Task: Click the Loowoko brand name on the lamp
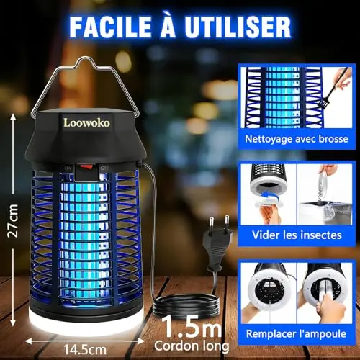click(x=86, y=122)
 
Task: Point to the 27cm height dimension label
click(x=13, y=221)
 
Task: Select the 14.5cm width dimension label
click(x=85, y=350)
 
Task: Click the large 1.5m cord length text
click(x=192, y=327)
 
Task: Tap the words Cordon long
click(x=192, y=346)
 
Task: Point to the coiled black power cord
click(x=186, y=306)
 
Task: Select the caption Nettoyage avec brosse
click(x=297, y=139)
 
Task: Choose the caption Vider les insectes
click(x=297, y=235)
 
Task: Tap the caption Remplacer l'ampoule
click(x=296, y=334)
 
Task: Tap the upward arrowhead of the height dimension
click(x=13, y=117)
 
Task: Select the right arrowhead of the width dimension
click(x=141, y=341)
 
